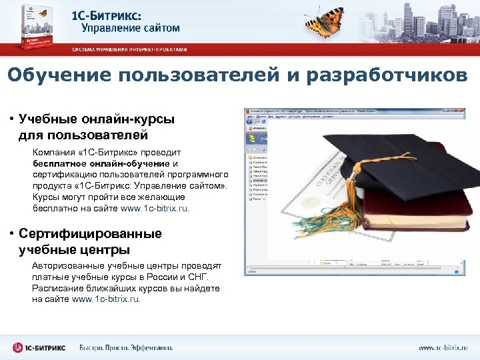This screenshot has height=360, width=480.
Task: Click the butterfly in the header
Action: click(x=326, y=19)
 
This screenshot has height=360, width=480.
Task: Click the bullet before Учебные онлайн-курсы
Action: click(x=12, y=120)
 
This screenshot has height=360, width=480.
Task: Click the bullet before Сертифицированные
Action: click(x=12, y=234)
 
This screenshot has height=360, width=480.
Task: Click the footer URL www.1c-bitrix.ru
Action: click(x=443, y=347)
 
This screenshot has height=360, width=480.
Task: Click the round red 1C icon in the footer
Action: click(x=18, y=347)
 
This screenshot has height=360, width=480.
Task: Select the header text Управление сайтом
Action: click(x=131, y=28)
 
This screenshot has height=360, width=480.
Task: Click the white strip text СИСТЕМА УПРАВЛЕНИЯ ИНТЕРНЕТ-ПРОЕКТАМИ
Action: click(x=130, y=49)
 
